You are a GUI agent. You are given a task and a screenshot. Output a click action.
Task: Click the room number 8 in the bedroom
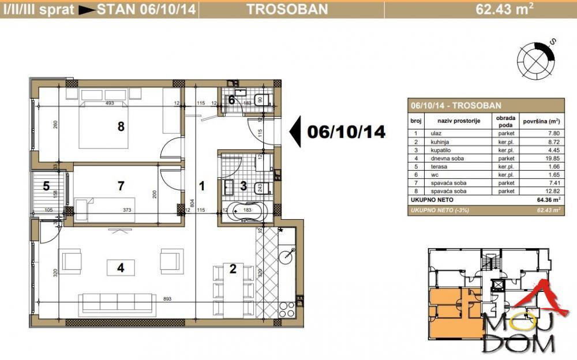[121, 126]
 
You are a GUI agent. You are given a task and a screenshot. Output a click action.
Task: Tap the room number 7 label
[121, 186]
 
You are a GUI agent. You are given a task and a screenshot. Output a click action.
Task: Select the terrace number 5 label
[46, 186]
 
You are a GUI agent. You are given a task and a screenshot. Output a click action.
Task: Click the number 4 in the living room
[121, 268]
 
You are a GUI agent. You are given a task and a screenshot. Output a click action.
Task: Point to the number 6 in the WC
[231, 100]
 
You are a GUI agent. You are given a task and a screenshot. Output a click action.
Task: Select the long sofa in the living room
[117, 302]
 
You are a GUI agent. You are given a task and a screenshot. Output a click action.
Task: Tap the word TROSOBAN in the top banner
[287, 9]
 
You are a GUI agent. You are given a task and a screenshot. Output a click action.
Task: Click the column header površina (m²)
[541, 122]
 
